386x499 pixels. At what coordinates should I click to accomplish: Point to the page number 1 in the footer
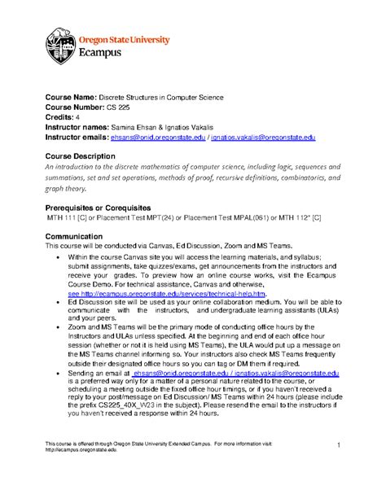336,443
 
